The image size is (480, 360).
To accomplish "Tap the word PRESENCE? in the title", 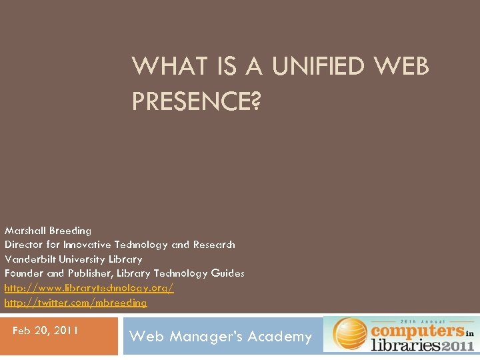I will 196,101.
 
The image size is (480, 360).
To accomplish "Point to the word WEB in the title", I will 402,67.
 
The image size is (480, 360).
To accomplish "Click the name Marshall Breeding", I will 48,231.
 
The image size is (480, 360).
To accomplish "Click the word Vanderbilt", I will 30,259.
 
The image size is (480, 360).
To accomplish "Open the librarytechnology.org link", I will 89,287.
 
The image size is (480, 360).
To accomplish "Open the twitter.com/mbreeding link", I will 75,302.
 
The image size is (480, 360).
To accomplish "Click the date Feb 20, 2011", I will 45,330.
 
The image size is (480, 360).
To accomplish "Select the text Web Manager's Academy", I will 220,337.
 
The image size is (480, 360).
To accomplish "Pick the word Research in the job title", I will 213,245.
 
